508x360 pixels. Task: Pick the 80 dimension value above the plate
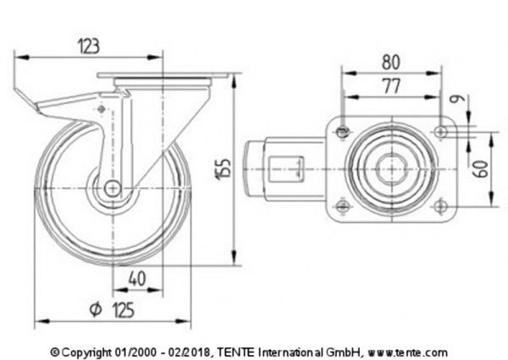click(x=390, y=63)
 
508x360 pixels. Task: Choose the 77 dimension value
click(x=390, y=85)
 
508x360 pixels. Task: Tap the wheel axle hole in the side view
click(x=111, y=191)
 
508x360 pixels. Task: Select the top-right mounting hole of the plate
click(x=441, y=130)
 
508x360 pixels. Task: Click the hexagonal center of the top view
click(x=391, y=167)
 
